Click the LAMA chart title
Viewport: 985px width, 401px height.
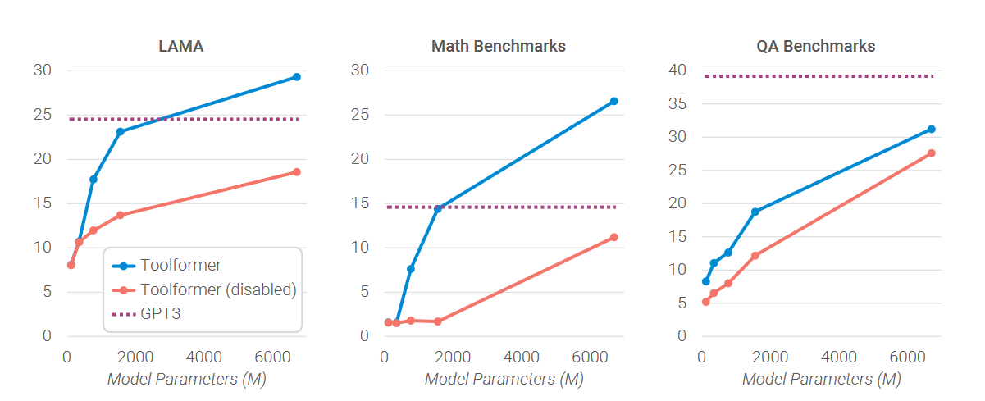pyautogui.click(x=180, y=47)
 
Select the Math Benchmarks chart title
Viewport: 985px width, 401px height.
pyautogui.click(x=499, y=47)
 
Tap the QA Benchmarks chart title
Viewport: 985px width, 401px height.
pyautogui.click(x=815, y=47)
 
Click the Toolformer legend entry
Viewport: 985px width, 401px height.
pyautogui.click(x=180, y=266)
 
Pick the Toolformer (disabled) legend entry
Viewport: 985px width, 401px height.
pyautogui.click(x=218, y=289)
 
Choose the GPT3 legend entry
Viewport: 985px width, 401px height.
pyautogui.click(x=160, y=314)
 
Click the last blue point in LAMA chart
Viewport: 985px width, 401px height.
pyautogui.click(x=297, y=77)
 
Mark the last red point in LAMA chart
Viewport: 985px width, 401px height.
pyautogui.click(x=297, y=172)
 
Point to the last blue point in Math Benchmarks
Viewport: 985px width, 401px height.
pyautogui.click(x=613, y=101)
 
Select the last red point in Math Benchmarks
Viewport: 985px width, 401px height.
pyautogui.click(x=613, y=237)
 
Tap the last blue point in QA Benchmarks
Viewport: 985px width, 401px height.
pyautogui.click(x=932, y=129)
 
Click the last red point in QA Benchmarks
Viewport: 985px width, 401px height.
pyautogui.click(x=932, y=153)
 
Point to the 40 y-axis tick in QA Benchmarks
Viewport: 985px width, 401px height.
pyautogui.click(x=677, y=71)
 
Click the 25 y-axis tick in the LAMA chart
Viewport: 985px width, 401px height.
pyautogui.click(x=42, y=115)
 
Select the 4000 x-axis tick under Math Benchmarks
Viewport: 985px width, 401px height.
pyautogui.click(x=522, y=358)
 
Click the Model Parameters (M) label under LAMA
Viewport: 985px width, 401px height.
pyautogui.click(x=186, y=380)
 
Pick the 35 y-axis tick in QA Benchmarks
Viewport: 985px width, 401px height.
pyautogui.click(x=677, y=103)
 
